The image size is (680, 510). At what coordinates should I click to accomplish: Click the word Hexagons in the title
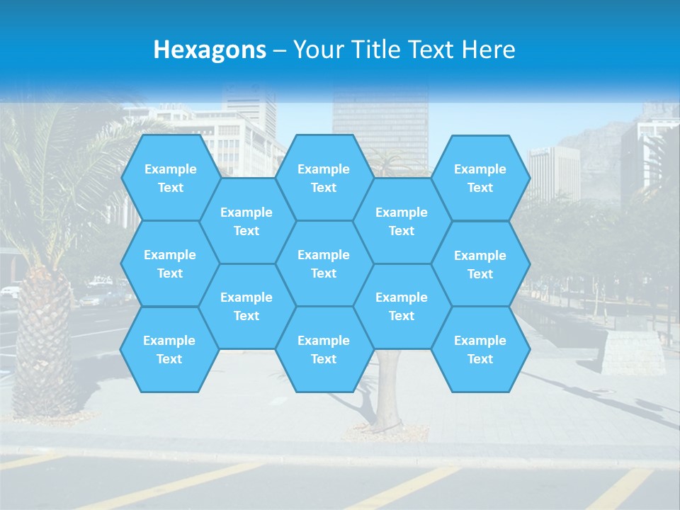pos(210,50)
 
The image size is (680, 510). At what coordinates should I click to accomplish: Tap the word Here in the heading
pos(488,50)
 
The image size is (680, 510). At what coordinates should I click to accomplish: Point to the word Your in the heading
pos(318,50)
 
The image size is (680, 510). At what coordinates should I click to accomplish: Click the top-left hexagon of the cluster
pos(170,178)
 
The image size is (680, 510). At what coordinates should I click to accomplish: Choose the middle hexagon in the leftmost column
pos(170,263)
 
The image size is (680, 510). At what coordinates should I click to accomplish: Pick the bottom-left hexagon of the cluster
pos(169,349)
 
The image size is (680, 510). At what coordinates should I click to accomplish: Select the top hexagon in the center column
pos(324,178)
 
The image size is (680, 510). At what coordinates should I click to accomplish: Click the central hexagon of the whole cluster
pos(324,263)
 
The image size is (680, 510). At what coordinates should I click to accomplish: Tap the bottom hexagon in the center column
pos(324,349)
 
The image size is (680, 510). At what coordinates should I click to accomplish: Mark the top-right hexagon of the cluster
pos(480,178)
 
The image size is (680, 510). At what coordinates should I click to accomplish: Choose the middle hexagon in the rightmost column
pos(480,264)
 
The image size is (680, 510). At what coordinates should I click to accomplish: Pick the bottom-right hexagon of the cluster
pos(480,349)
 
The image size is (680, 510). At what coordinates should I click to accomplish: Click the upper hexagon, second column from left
pos(246,221)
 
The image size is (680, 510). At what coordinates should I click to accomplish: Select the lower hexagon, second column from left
pos(246,306)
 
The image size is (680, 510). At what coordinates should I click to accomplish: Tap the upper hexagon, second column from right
pos(402,221)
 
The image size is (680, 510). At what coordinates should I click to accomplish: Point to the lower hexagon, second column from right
pos(402,306)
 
